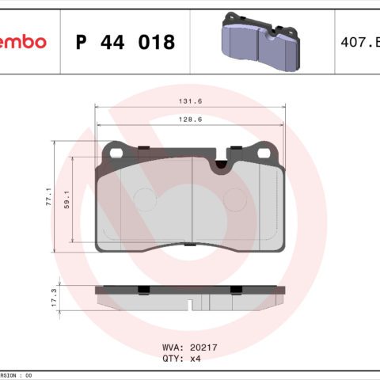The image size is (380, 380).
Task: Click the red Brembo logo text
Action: tap(22, 41)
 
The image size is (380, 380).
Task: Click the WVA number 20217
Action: tap(199, 347)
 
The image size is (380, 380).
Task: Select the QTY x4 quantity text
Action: tap(183, 358)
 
